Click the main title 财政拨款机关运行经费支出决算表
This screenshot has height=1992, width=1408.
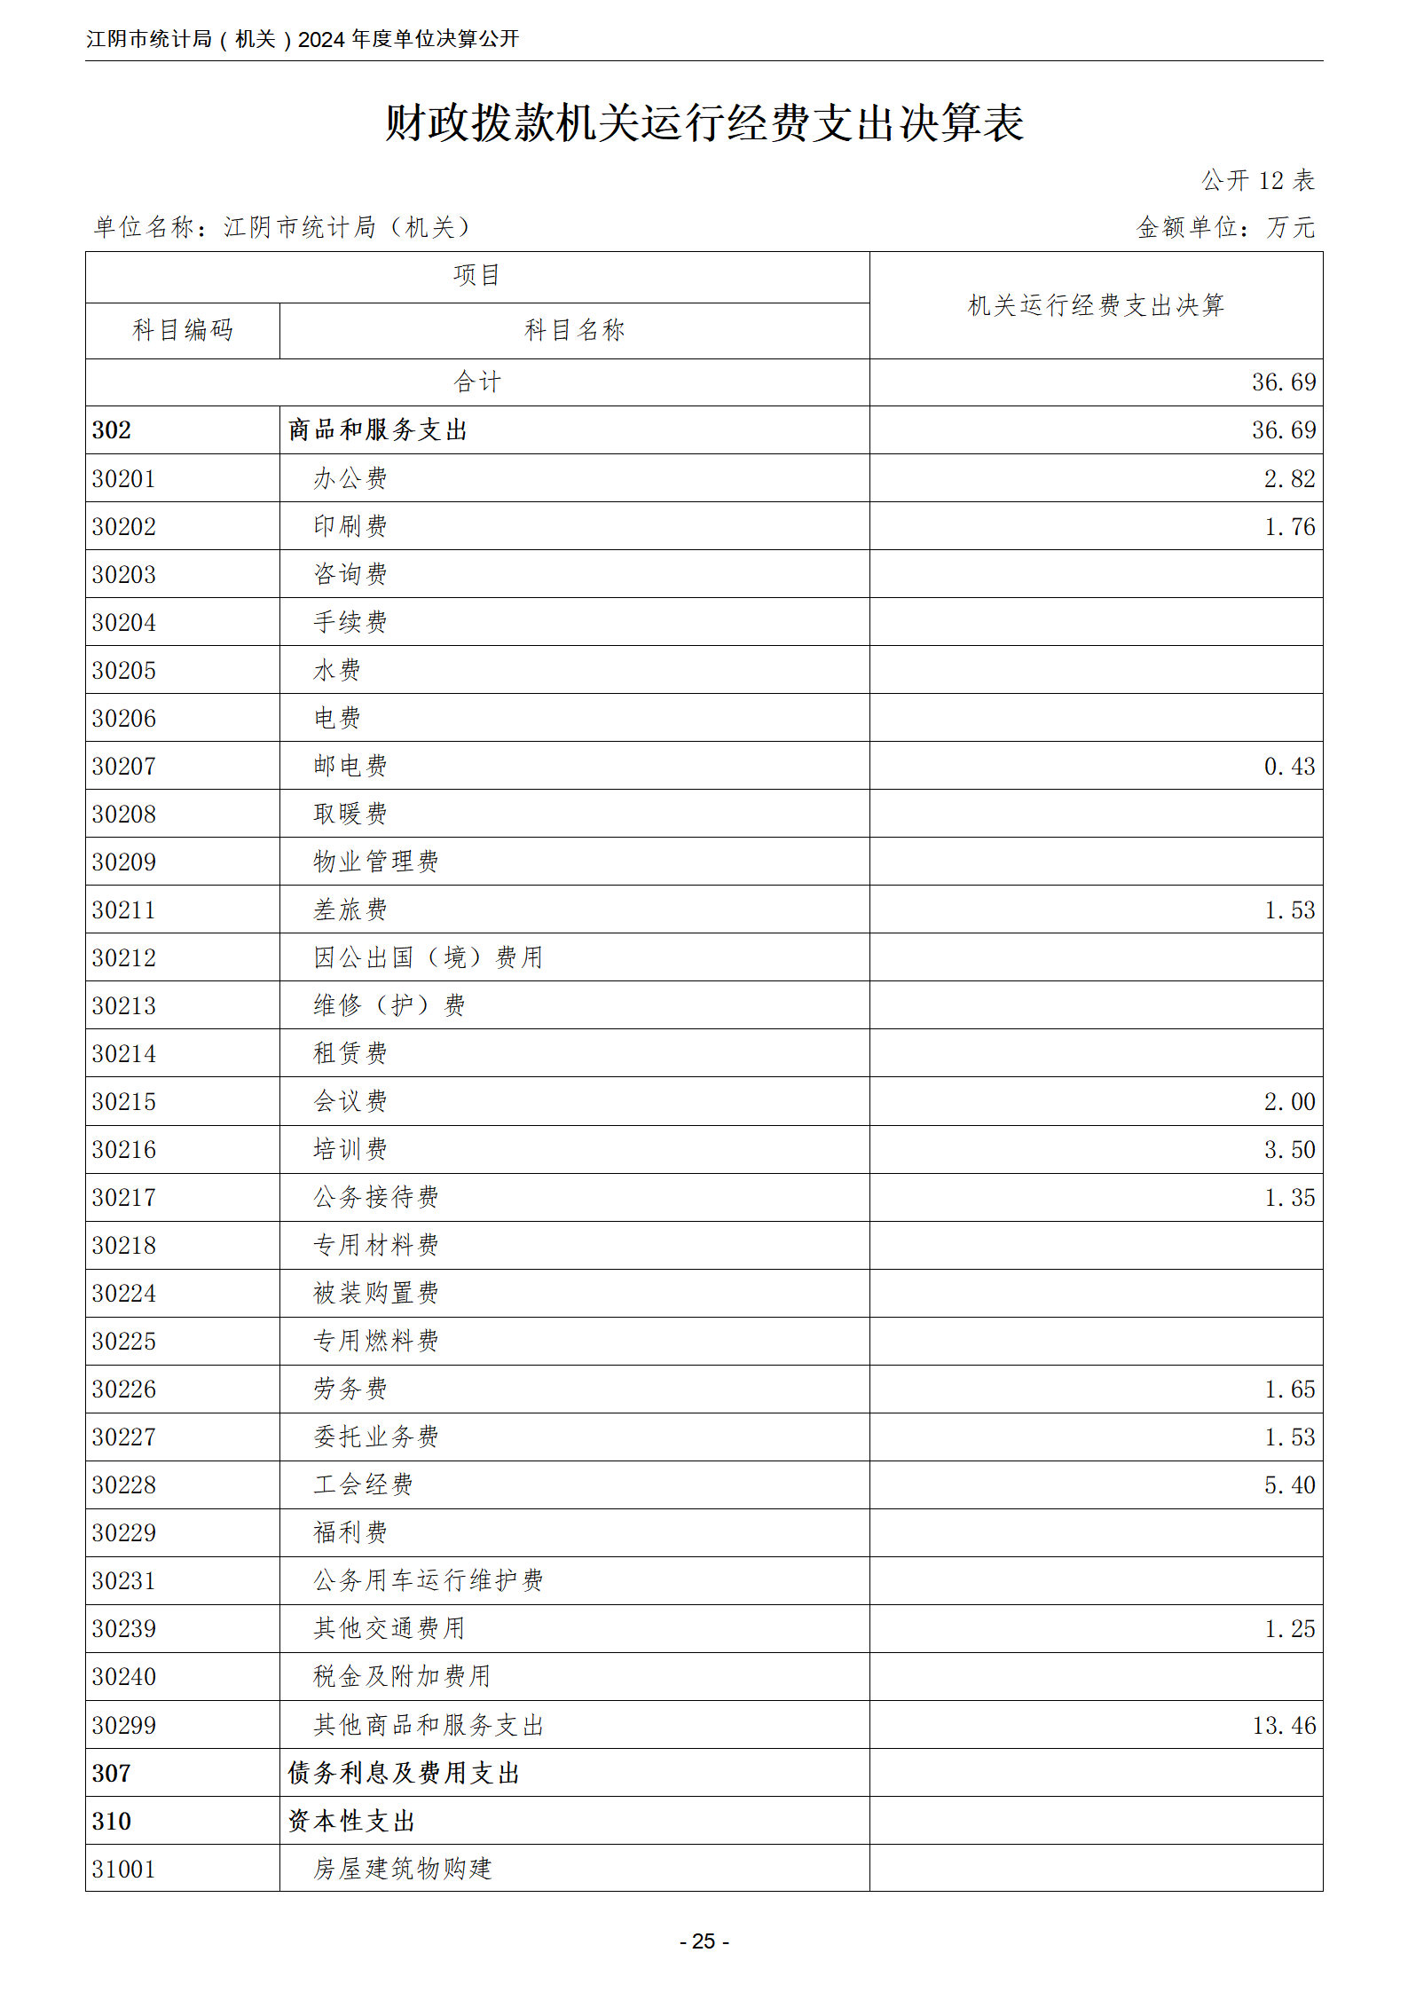[x=704, y=122]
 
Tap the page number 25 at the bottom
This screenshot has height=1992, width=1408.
[x=704, y=1941]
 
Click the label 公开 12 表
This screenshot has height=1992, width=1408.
[x=1257, y=181]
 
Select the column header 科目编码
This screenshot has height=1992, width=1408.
[x=183, y=330]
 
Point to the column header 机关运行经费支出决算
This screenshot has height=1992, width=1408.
[x=1096, y=305]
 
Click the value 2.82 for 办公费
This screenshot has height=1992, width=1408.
[x=1289, y=479]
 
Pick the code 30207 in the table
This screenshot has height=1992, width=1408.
[x=124, y=767]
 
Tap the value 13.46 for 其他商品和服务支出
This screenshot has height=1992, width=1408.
[x=1284, y=1726]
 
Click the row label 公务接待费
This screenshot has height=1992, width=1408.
[x=376, y=1198]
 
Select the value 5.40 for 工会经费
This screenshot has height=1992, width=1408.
[x=1289, y=1485]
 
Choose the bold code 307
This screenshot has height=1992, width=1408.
[x=112, y=1774]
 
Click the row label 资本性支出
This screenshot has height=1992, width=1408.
[x=352, y=1822]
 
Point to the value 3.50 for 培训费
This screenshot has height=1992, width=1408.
[x=1289, y=1150]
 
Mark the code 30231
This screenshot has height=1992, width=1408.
[x=124, y=1581]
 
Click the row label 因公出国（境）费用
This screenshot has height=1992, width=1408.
[x=428, y=958]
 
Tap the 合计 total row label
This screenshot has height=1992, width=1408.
[x=477, y=382]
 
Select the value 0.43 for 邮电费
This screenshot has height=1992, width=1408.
[x=1289, y=767]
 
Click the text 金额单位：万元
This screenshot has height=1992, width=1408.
[x=1225, y=228]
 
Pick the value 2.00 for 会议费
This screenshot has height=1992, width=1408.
[x=1289, y=1102]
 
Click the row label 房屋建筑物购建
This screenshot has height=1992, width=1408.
[x=402, y=1870]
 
